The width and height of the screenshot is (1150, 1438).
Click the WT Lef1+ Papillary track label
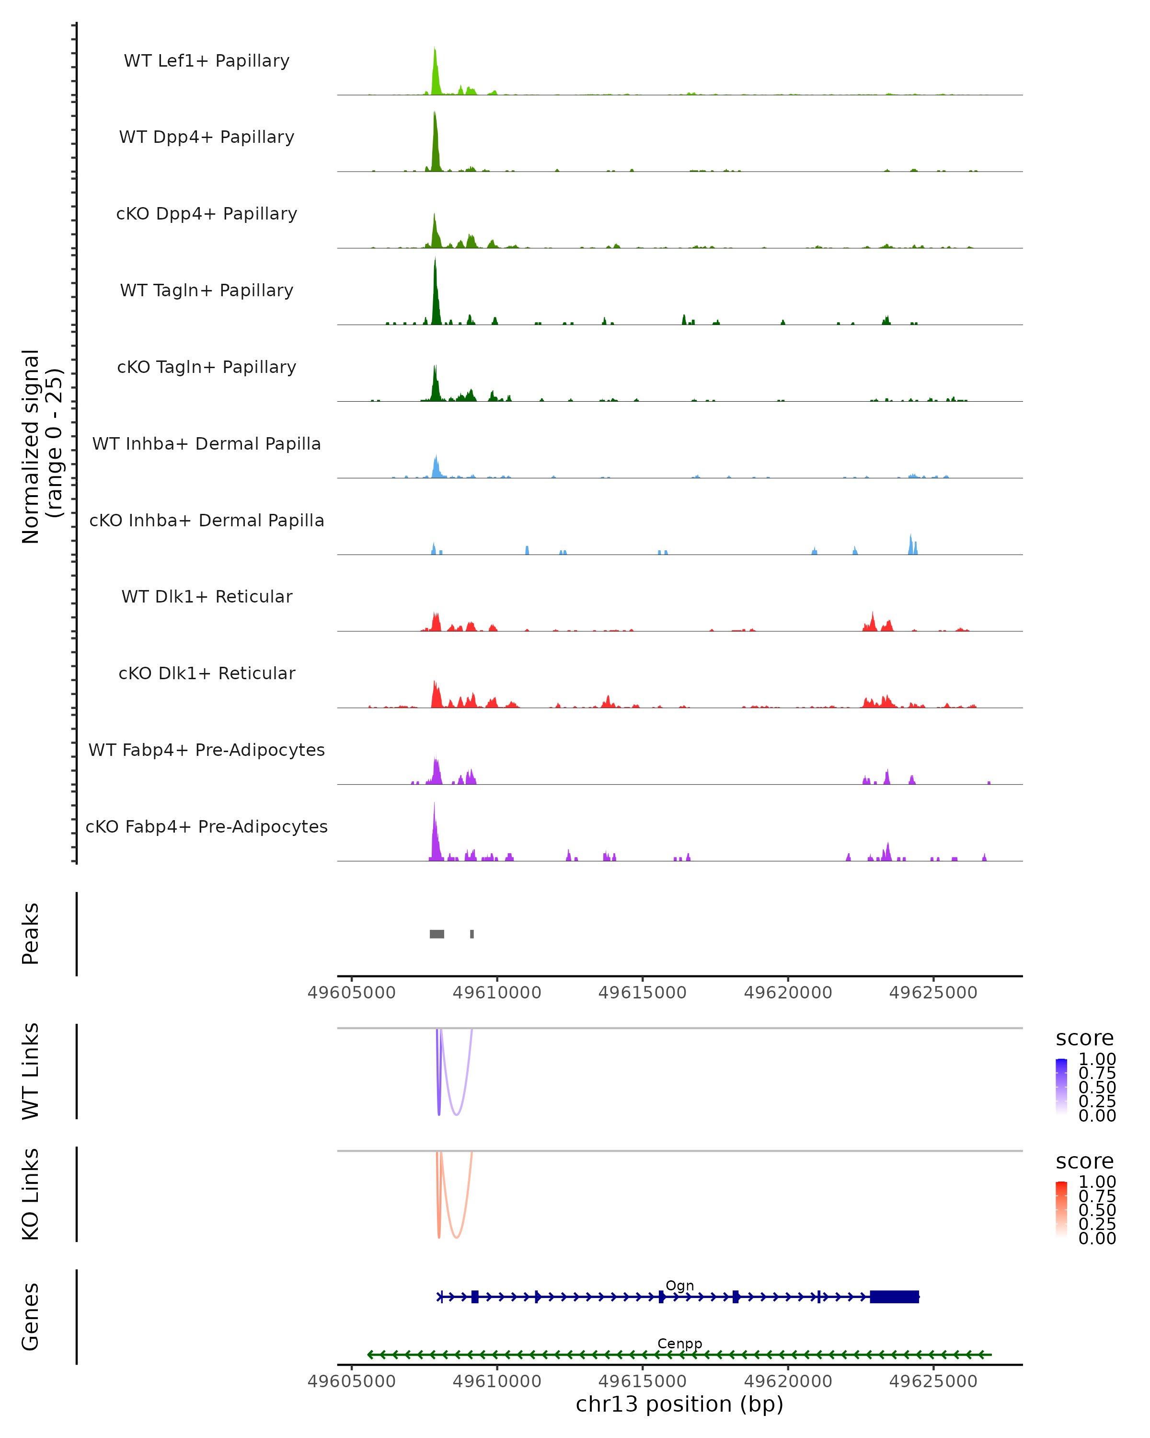[x=207, y=61]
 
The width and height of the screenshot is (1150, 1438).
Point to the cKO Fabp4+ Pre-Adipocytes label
[x=207, y=826]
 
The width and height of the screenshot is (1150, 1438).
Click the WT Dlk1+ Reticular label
[x=207, y=596]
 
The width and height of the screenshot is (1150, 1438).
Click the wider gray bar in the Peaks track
[x=437, y=934]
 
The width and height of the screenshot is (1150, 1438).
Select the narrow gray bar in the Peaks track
[x=472, y=934]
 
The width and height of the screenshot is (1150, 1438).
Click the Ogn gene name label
[x=679, y=1285]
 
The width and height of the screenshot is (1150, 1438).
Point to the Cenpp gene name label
[x=679, y=1343]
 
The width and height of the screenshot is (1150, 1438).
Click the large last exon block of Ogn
[x=894, y=1297]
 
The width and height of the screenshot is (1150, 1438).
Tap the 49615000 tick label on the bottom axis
[x=642, y=1381]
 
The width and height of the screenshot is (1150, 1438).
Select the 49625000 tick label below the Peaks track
[x=932, y=993]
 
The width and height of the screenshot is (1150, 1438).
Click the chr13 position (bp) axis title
[x=679, y=1404]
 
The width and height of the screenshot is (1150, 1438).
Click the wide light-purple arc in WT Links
[x=457, y=1114]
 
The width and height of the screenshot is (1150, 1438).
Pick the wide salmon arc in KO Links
[x=457, y=1237]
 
